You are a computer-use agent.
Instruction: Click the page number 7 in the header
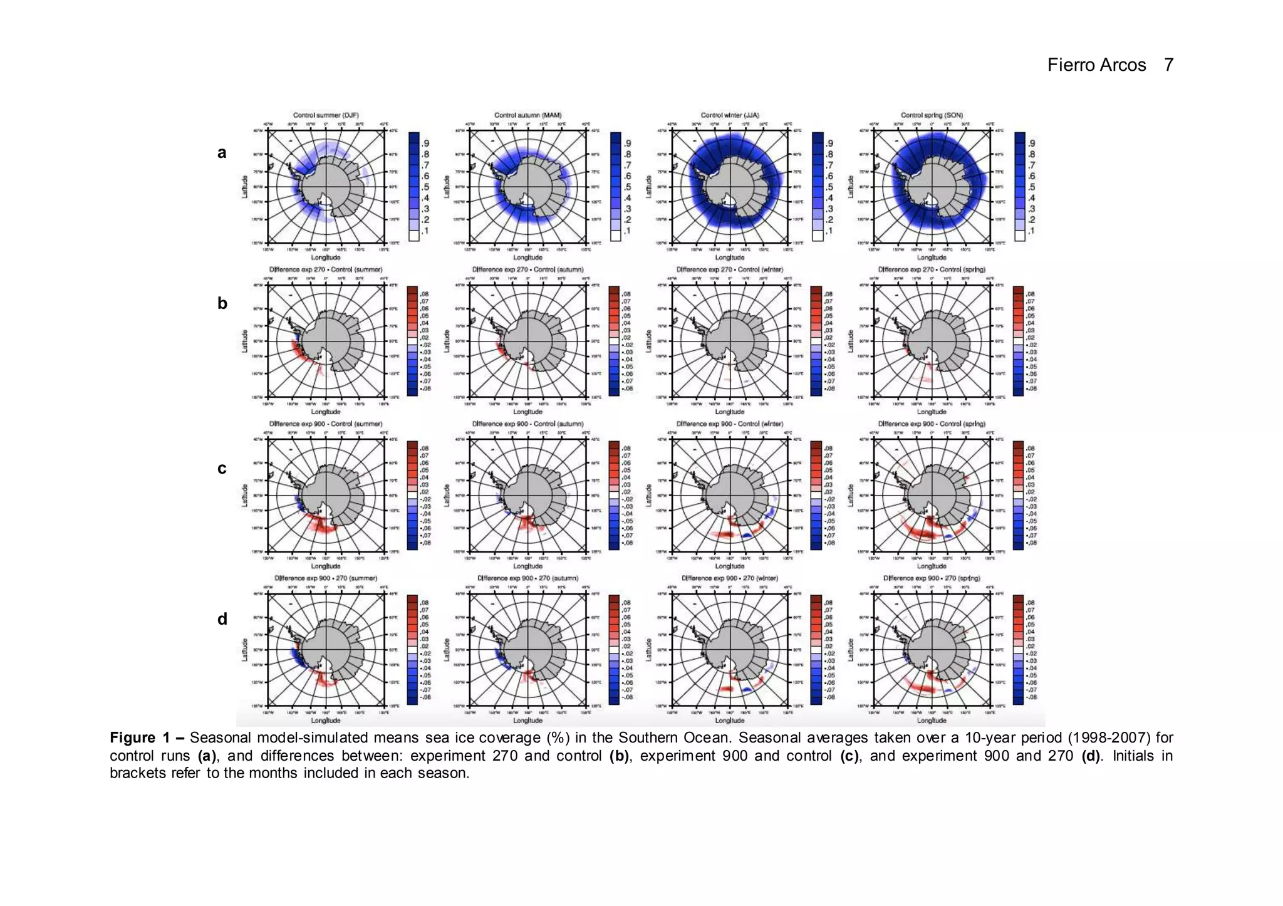tap(1168, 65)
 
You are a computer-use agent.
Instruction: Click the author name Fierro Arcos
tap(1096, 65)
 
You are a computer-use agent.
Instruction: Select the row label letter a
tap(222, 152)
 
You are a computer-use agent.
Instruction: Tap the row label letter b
tap(222, 303)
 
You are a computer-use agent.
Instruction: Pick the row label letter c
tap(222, 468)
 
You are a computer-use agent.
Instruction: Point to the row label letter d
tap(222, 619)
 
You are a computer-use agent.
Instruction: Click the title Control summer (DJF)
tap(326, 115)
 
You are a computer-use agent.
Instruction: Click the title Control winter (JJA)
tap(730, 115)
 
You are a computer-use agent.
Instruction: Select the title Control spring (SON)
tap(932, 115)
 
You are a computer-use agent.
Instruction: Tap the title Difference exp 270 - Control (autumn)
tap(527, 269)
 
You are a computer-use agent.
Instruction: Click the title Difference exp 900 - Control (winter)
tap(730, 424)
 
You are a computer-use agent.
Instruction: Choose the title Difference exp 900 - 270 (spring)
tap(932, 578)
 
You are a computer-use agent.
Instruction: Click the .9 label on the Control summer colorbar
tap(426, 143)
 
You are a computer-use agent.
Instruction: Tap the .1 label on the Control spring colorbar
tap(1031, 231)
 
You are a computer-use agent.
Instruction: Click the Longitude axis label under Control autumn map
tap(527, 258)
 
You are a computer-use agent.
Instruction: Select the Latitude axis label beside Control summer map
tap(245, 187)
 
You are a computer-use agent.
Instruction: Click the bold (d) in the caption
tap(1091, 756)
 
